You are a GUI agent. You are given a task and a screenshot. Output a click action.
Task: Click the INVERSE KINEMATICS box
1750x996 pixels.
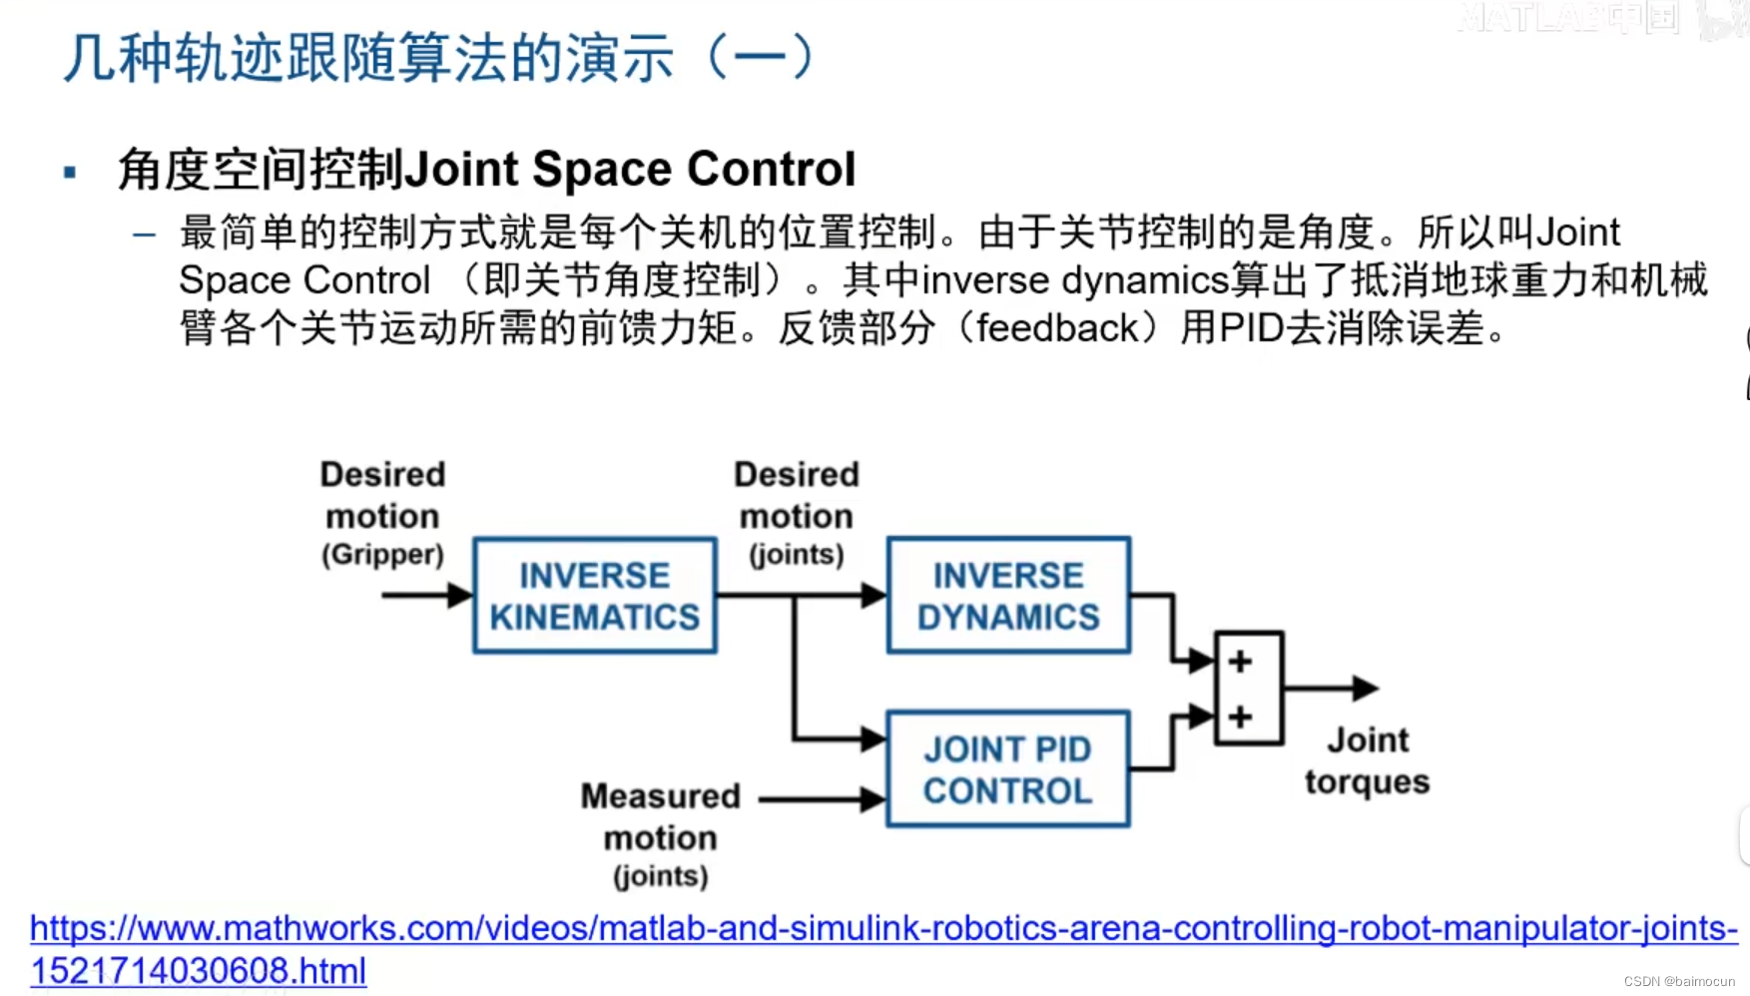595,596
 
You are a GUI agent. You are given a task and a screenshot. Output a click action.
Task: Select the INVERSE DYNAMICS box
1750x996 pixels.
1008,596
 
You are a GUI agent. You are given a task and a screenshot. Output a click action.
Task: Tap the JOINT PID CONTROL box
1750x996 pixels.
1008,768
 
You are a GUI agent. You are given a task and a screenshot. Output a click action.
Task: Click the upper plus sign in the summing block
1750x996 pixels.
1240,662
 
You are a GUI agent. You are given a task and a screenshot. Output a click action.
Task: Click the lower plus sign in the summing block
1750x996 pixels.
1240,717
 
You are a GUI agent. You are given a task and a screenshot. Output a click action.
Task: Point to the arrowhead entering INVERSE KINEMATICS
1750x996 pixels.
460,596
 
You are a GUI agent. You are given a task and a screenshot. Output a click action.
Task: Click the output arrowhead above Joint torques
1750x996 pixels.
1366,688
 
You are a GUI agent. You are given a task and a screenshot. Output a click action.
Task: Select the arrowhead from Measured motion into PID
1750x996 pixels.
873,798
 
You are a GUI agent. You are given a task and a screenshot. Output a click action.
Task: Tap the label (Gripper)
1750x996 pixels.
382,555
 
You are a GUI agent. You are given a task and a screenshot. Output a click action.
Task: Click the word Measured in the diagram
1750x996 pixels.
660,796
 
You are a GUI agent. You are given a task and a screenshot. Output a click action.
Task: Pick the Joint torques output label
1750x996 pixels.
1367,760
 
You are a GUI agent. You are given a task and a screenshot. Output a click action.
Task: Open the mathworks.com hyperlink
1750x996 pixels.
883,928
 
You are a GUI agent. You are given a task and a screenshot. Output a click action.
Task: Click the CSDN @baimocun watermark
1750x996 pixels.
1679,981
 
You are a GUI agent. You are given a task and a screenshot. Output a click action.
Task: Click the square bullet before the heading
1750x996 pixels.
70,173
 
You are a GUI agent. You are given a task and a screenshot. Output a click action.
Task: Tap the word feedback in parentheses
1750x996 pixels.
1057,328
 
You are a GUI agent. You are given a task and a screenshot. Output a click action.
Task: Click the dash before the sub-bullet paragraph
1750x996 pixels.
145,236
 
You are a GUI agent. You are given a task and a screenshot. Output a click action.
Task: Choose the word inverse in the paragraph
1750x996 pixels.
985,281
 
